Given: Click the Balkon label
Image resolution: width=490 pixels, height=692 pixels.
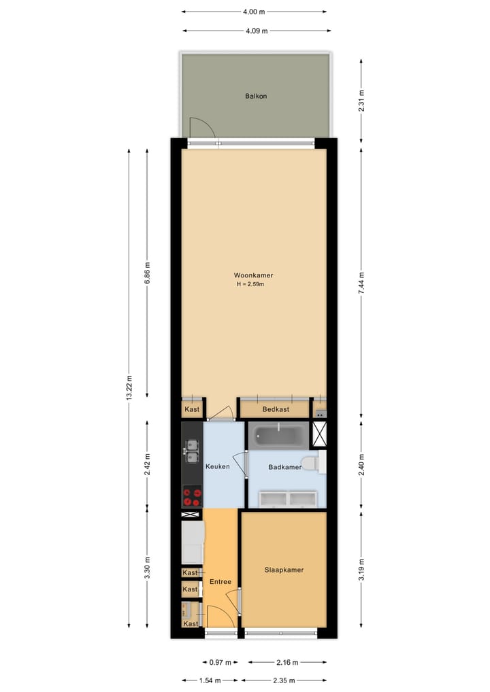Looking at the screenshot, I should pos(256,97).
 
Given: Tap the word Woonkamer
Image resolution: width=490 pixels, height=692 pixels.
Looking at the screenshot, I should pos(254,275).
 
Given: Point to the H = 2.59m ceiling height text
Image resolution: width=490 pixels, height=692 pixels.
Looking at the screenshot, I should pos(250,285).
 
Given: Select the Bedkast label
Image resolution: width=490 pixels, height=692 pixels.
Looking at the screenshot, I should pos(275,409).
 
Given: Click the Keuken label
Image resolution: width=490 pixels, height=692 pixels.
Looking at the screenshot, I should pos(217,466).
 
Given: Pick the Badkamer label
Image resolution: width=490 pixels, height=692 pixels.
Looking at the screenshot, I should pos(285,468).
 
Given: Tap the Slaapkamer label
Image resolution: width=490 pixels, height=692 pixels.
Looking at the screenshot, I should pos(284,570).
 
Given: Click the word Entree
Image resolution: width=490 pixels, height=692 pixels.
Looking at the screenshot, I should pos(220,582).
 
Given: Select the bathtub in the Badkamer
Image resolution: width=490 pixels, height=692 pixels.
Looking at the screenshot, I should pos(279,436).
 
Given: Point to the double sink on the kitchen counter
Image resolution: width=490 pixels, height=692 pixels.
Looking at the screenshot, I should pos(192,447).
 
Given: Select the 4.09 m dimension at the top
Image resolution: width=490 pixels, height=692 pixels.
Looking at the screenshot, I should pos(256,30).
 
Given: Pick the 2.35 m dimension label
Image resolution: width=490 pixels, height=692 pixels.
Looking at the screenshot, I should pos(284,680).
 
